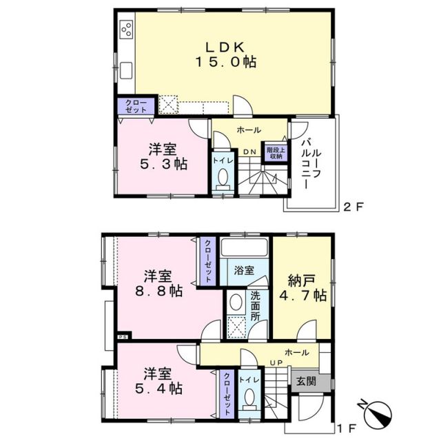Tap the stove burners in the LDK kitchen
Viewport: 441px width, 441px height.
tap(127, 30)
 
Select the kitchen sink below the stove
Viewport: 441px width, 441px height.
tap(127, 70)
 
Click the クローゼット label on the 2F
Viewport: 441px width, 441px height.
tap(134, 106)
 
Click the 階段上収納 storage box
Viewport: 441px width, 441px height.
tap(275, 153)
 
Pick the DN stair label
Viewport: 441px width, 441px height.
tap(249, 152)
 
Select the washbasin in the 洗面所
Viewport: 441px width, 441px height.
tap(236, 302)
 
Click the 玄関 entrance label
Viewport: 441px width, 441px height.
tap(305, 380)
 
